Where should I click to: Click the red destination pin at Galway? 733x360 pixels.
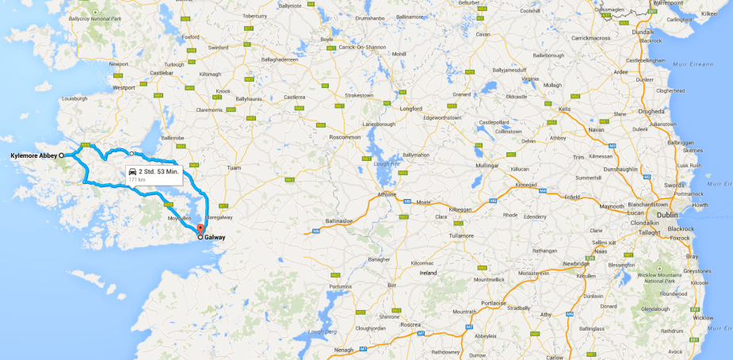[x=200, y=229]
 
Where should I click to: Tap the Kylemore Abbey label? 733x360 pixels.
[x=34, y=155]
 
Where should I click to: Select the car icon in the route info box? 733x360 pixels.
[x=132, y=171]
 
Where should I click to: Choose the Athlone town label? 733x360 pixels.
[x=387, y=193]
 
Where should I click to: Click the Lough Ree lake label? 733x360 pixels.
[x=387, y=164]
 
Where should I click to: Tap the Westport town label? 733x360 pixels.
[x=124, y=87]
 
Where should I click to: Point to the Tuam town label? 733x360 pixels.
[x=234, y=168]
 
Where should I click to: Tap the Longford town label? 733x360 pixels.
[x=411, y=108]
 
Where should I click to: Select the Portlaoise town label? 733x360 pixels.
[x=493, y=302]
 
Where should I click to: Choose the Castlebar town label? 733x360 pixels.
[x=162, y=73]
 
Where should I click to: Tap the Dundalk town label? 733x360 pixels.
[x=643, y=32]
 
